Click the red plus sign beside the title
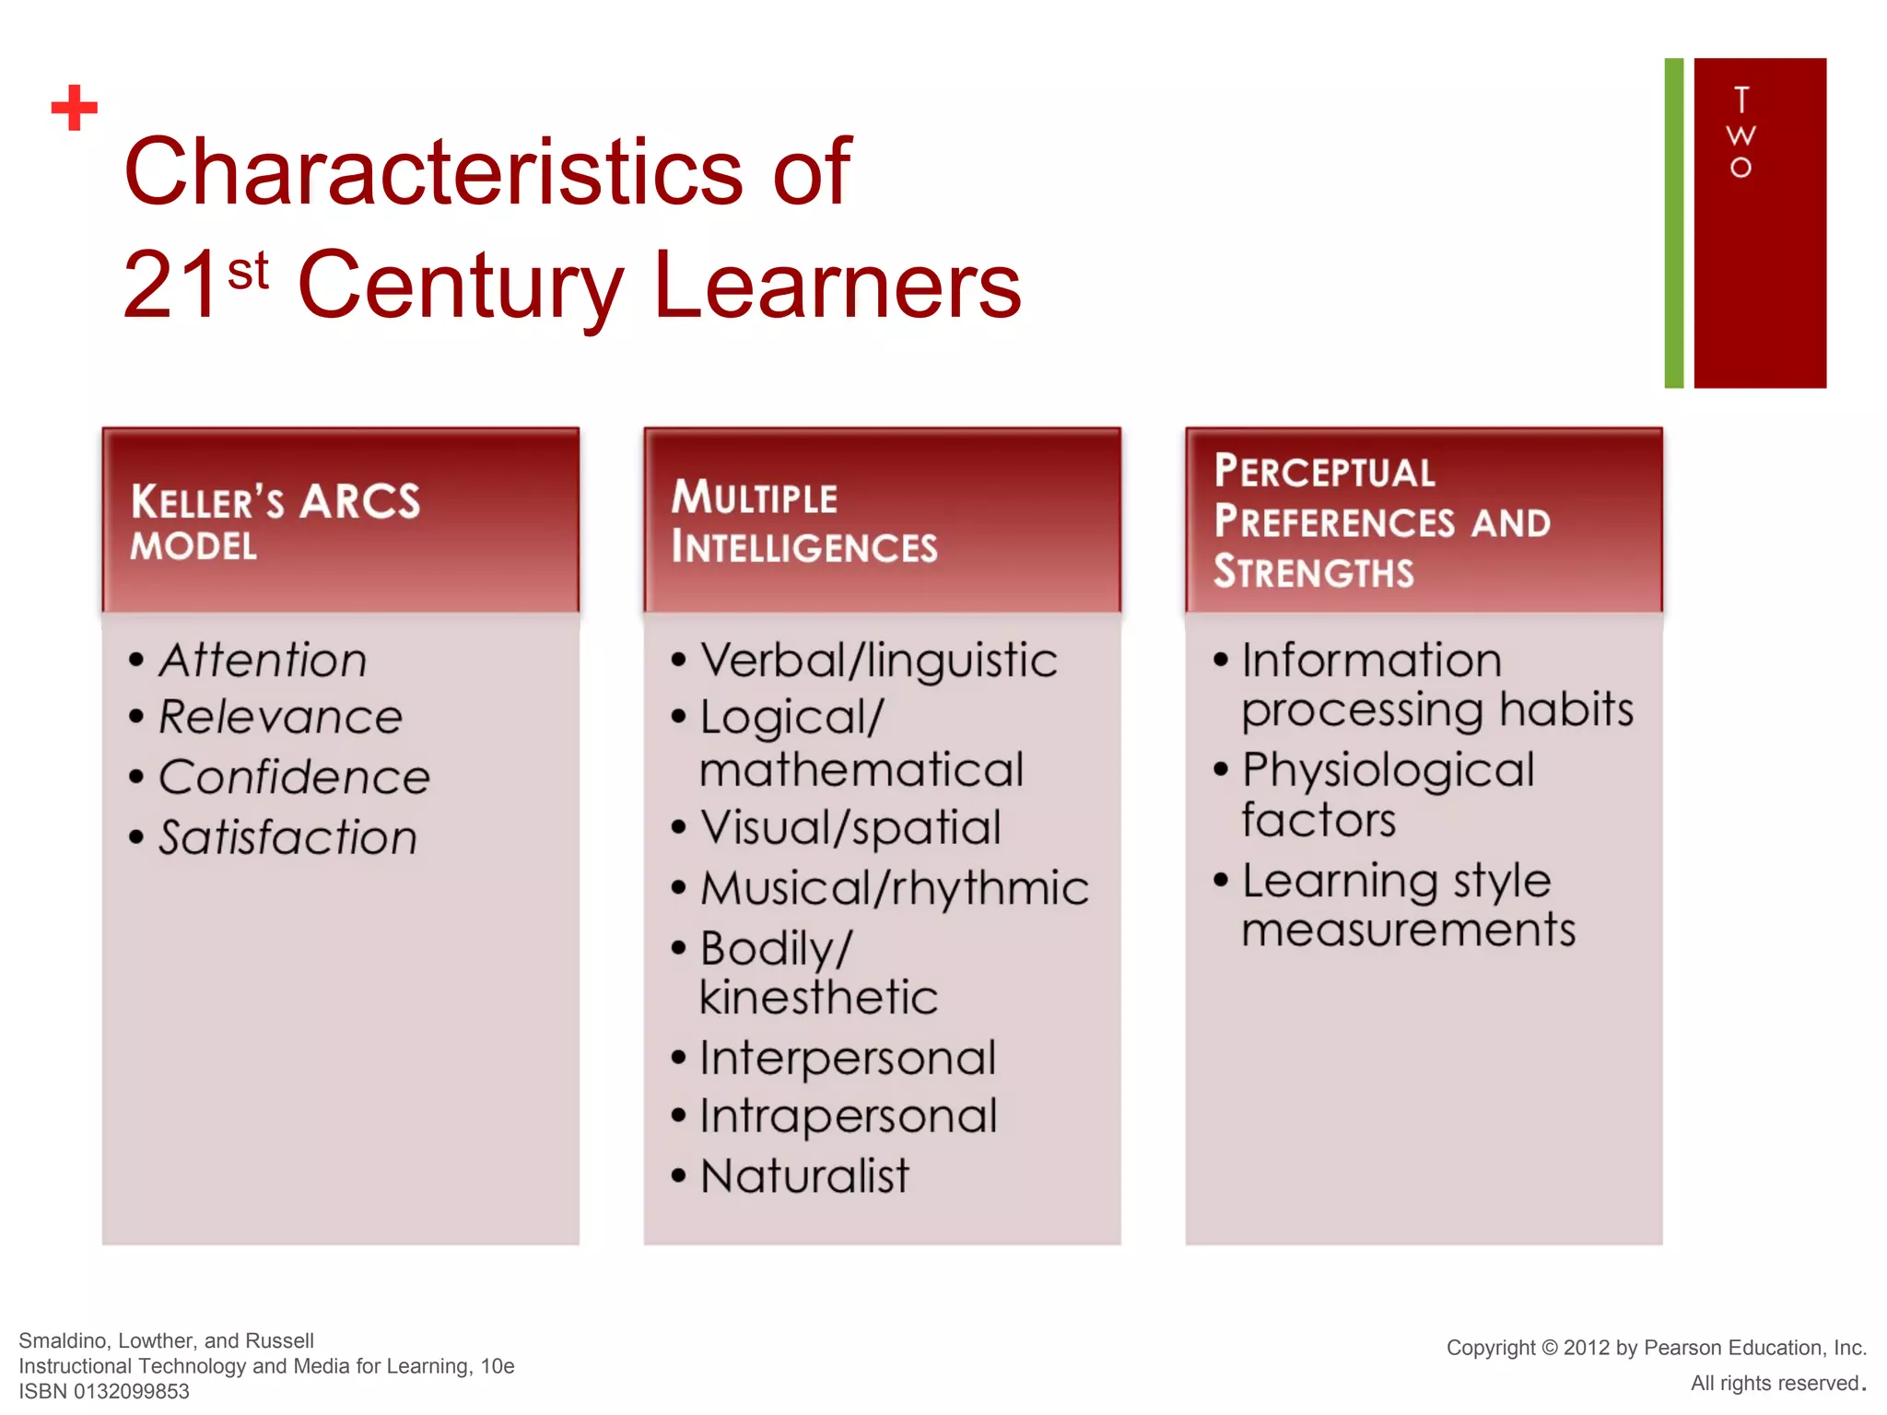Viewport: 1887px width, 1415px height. [x=75, y=108]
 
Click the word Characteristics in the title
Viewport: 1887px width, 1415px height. [x=433, y=171]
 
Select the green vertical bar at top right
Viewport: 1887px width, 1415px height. [x=1673, y=223]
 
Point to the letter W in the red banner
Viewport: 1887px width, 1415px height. [x=1740, y=136]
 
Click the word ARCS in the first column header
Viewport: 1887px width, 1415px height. [x=359, y=502]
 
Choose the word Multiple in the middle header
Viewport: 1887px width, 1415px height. [x=754, y=497]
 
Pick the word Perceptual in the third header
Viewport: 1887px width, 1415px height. [x=1324, y=472]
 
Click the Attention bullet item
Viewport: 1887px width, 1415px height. [x=263, y=661]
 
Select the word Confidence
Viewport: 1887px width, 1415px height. [x=294, y=778]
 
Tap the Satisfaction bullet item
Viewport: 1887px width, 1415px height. [x=287, y=838]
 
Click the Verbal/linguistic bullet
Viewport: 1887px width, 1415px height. [x=878, y=661]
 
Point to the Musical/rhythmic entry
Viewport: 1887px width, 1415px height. [x=894, y=889]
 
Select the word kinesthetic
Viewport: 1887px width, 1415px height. [x=818, y=998]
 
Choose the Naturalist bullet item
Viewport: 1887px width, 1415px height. [x=804, y=1176]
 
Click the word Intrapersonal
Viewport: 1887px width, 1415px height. [x=848, y=1117]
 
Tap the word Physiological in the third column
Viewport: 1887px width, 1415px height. [x=1388, y=770]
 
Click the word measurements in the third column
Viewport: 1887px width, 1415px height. [x=1408, y=930]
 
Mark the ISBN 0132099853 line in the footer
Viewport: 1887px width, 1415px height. [x=104, y=1391]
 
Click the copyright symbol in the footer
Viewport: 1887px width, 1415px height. [x=1549, y=1348]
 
